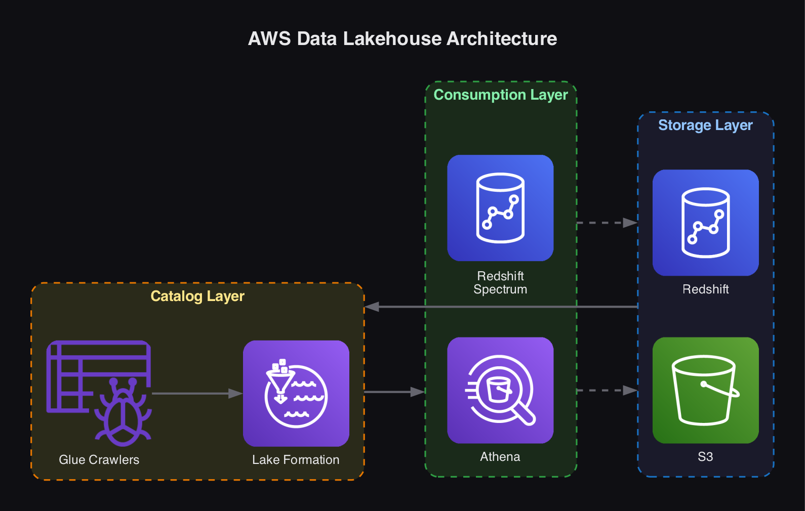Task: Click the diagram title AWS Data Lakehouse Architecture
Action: tap(402, 39)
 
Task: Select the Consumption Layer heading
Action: tap(501, 95)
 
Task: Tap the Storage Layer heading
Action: tap(705, 125)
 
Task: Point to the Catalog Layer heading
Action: tap(197, 296)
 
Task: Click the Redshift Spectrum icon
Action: tap(500, 208)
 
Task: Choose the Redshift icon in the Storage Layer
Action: tap(705, 223)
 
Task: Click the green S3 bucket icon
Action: tap(705, 390)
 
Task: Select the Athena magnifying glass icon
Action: tap(500, 390)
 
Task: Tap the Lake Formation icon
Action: tap(296, 393)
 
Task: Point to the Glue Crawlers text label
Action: tap(99, 459)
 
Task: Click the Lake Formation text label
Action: tap(296, 459)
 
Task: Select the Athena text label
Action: tap(500, 456)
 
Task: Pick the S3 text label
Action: tap(705, 456)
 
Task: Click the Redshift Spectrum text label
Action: tap(500, 282)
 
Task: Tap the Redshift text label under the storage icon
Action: tap(705, 289)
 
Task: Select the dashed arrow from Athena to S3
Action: tap(607, 390)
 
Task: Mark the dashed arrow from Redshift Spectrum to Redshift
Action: tap(607, 223)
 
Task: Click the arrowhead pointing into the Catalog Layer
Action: tap(372, 307)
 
